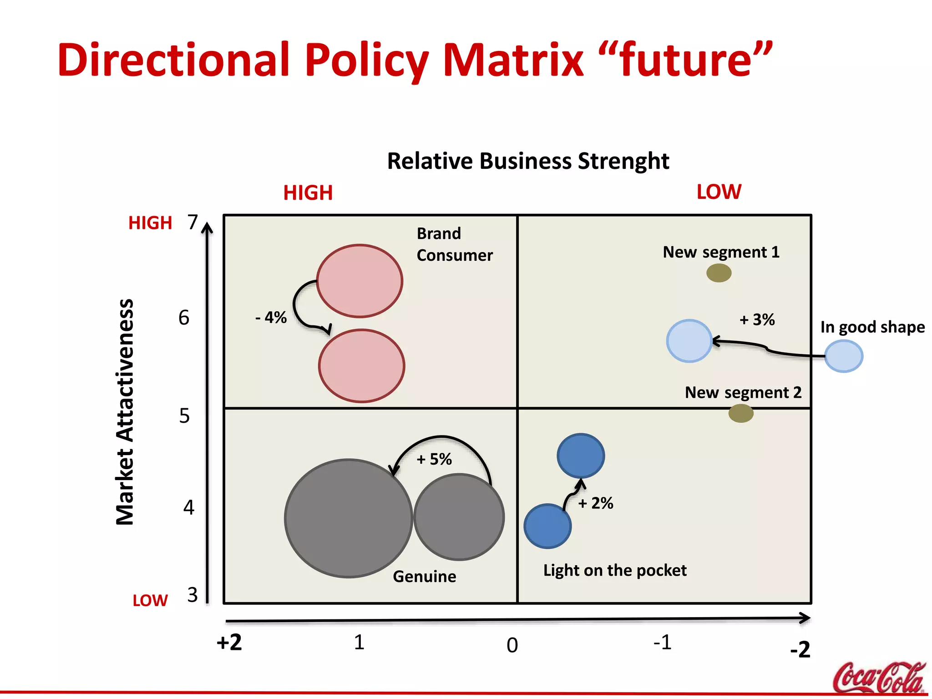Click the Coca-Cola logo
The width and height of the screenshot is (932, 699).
click(x=879, y=677)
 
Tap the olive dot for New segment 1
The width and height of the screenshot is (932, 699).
click(x=719, y=273)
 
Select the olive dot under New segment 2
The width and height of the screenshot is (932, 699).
click(x=741, y=413)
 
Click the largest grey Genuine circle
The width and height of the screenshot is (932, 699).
click(x=349, y=518)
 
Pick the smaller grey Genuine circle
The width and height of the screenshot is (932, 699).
click(x=459, y=517)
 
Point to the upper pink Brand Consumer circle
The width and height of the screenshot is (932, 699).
click(x=360, y=281)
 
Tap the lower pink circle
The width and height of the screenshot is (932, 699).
click(x=361, y=366)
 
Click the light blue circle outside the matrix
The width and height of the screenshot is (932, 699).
click(x=843, y=356)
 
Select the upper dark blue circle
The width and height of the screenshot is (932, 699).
click(x=581, y=456)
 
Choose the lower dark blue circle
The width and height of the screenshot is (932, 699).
click(x=547, y=526)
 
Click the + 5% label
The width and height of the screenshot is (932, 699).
click(x=434, y=459)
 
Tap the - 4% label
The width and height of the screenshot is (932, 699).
click(x=271, y=317)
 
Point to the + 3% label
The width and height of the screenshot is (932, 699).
click(x=757, y=319)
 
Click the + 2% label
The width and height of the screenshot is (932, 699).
click(x=596, y=503)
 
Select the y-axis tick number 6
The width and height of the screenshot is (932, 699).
click(x=184, y=318)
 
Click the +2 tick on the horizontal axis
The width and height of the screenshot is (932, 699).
click(x=229, y=643)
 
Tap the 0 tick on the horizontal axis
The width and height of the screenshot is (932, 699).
click(x=512, y=645)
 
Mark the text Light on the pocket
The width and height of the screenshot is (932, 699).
click(x=615, y=570)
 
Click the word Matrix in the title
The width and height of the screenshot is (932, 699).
click(x=513, y=60)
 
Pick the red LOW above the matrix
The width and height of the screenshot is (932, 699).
click(x=719, y=192)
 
